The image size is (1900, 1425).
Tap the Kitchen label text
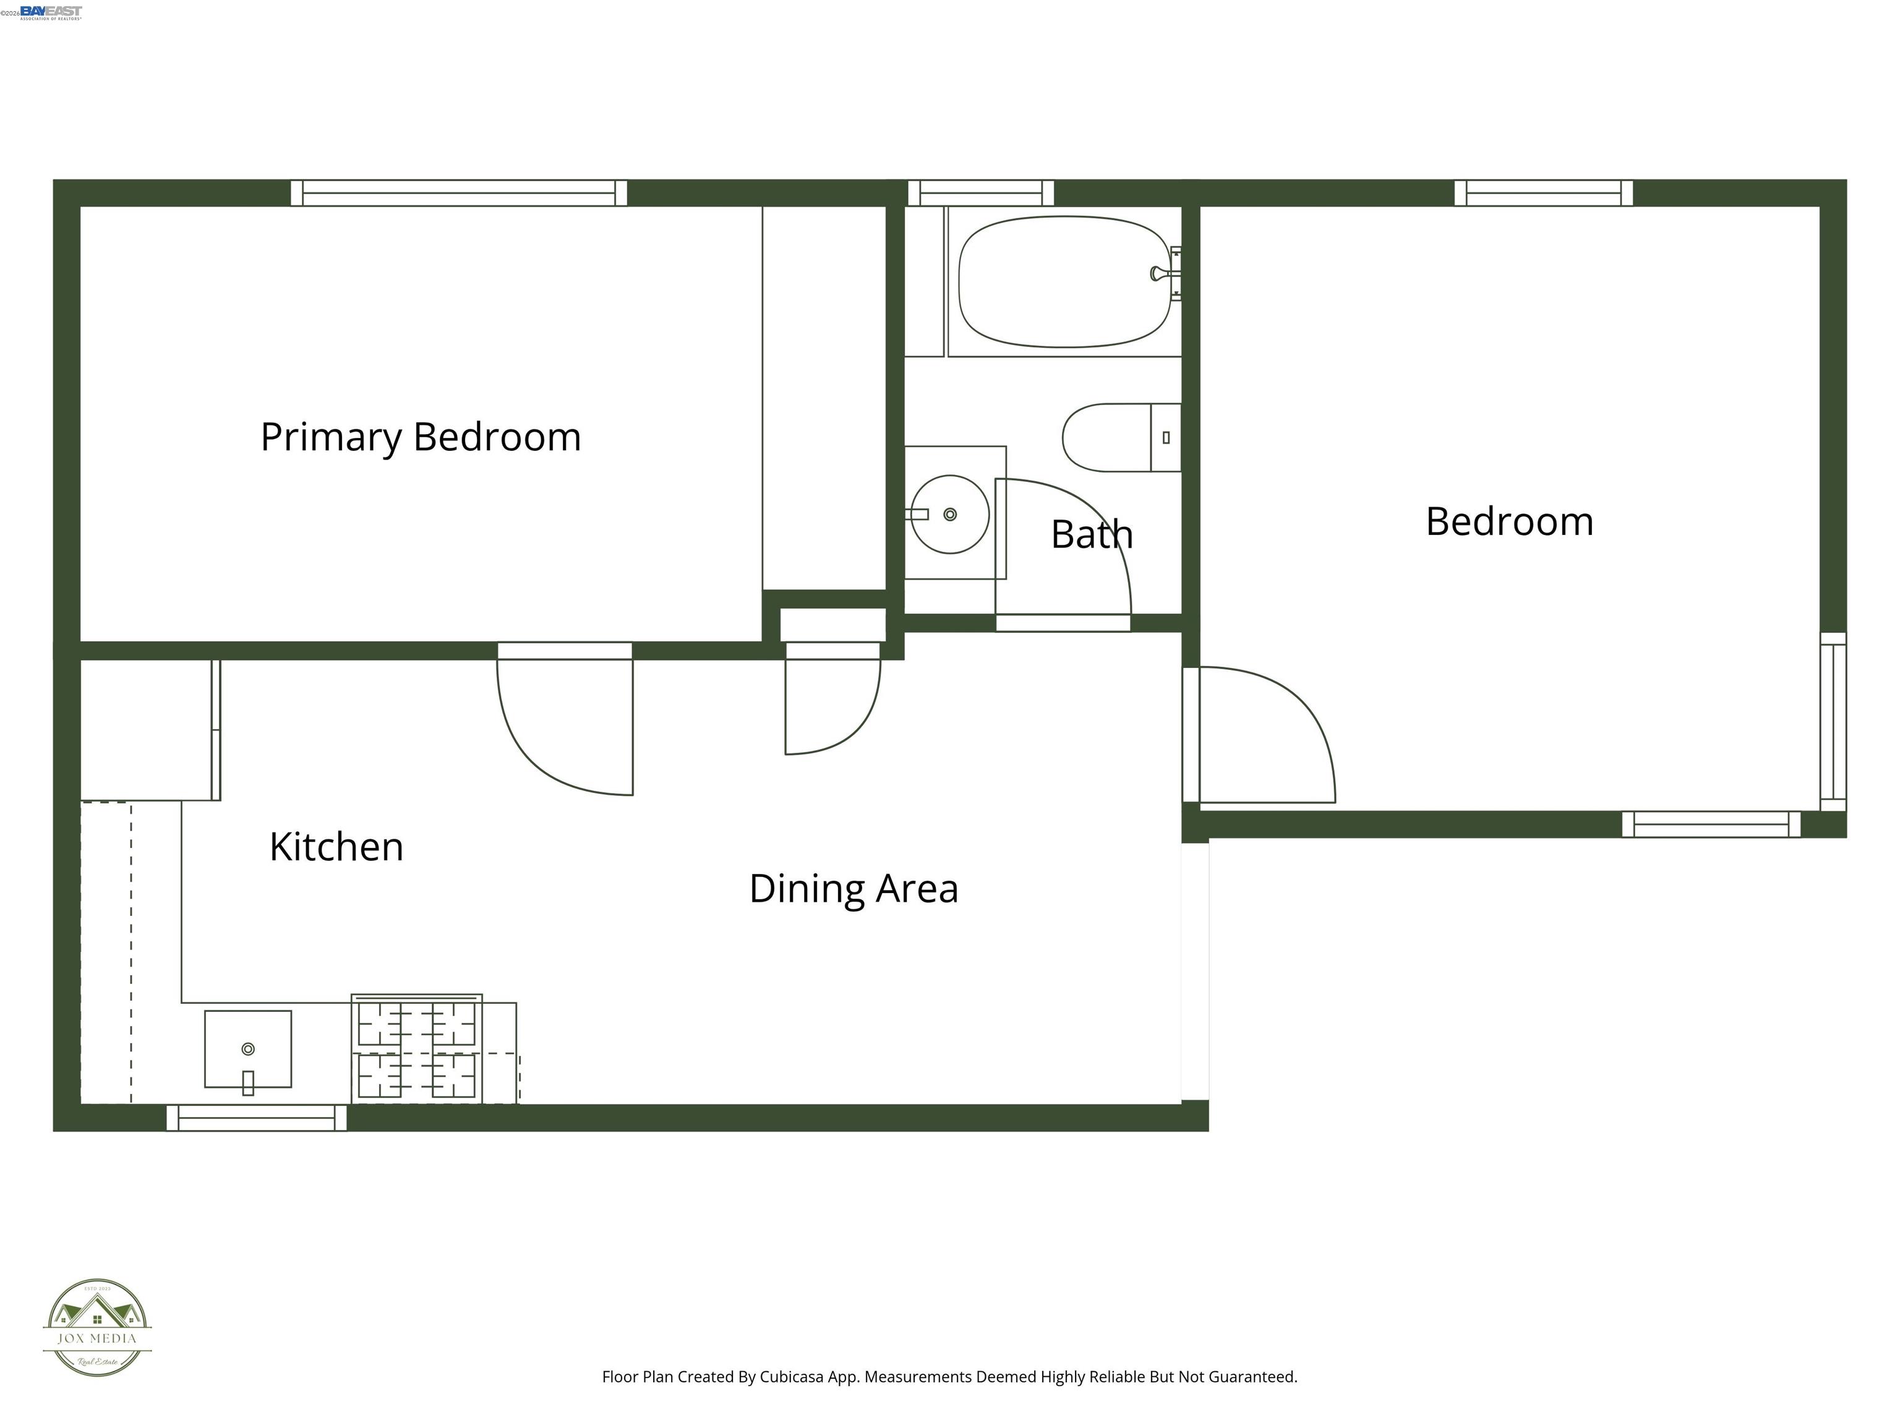pos(336,847)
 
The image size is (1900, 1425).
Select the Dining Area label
pos(853,888)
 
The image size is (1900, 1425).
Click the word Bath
pos(1091,534)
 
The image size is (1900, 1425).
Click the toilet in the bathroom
pos(1116,437)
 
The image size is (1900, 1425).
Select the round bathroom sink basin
pos(949,515)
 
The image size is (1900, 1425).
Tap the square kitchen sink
pos(247,1049)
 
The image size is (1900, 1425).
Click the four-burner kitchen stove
pos(417,1050)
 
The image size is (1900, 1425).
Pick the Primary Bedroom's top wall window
pos(459,193)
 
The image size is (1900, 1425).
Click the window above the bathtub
pos(980,193)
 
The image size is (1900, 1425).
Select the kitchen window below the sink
pos(256,1118)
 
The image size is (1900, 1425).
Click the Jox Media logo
pos(97,1328)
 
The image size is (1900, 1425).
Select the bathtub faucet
pos(1162,274)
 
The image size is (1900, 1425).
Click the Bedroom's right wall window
pos(1833,722)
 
